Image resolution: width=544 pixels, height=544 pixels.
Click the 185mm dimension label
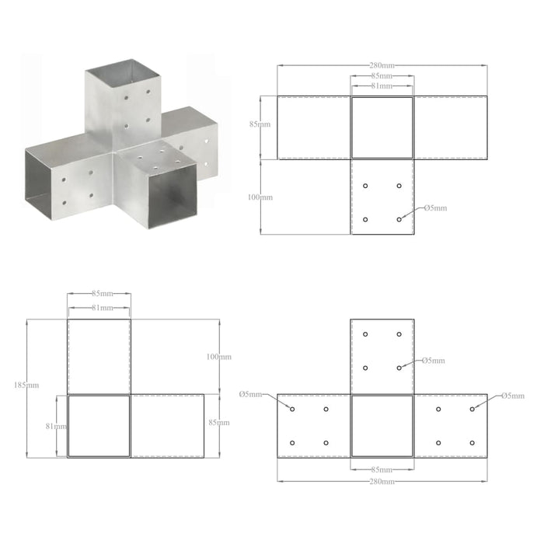[33, 385]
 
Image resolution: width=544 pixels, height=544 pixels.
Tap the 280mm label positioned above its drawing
[382, 66]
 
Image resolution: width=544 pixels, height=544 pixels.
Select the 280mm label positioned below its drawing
[382, 482]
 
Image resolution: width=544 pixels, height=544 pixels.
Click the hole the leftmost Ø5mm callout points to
[292, 409]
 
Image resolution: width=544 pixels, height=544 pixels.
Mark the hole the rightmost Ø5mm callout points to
[472, 409]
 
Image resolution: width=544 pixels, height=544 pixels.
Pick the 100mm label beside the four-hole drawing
[261, 197]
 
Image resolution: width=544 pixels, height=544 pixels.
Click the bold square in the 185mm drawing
[99, 426]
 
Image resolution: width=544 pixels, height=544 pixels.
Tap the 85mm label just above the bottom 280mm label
[382, 470]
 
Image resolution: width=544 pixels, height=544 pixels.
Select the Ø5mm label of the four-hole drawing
[434, 208]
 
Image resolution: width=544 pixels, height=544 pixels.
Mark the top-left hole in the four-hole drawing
[365, 187]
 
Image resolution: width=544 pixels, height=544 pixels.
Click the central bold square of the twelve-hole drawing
[382, 426]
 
